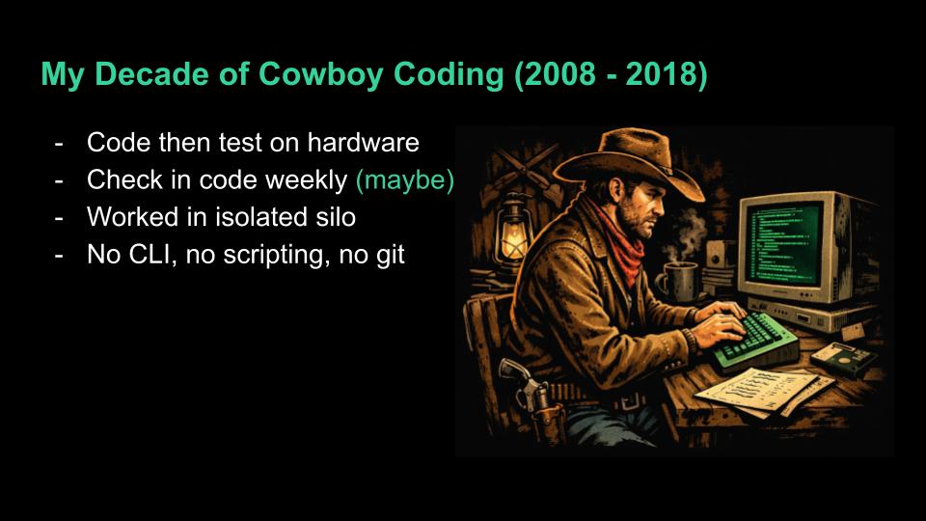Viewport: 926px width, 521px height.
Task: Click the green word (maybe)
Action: coord(404,179)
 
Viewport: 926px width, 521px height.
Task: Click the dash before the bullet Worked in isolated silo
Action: coord(61,218)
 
